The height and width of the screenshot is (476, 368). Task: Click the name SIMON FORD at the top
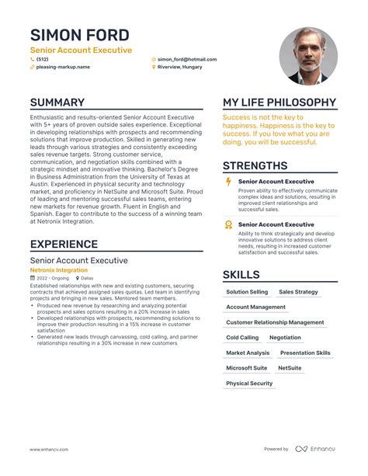(x=80, y=35)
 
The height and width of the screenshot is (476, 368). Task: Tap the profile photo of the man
(x=308, y=56)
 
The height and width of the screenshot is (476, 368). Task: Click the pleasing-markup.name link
(x=63, y=68)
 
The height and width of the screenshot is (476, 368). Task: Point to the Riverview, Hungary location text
(x=179, y=68)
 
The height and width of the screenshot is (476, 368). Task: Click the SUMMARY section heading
(x=57, y=102)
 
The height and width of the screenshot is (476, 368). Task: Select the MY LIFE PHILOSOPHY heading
(x=279, y=102)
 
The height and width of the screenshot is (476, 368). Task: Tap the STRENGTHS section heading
(x=255, y=165)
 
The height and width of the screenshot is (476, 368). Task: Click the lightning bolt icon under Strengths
(x=228, y=181)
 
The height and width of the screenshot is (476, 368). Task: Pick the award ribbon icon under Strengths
(x=228, y=224)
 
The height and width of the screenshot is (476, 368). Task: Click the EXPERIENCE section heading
(x=64, y=244)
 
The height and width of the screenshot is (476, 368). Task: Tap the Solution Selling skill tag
(x=247, y=292)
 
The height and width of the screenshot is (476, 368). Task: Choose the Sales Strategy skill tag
(x=298, y=292)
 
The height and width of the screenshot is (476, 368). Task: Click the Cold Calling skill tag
(x=242, y=338)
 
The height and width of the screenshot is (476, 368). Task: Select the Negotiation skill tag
(x=285, y=338)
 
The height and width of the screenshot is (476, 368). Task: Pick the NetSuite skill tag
(x=290, y=368)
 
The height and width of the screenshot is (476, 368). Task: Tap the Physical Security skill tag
(x=249, y=384)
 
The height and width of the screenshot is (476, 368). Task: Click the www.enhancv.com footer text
(x=51, y=449)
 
